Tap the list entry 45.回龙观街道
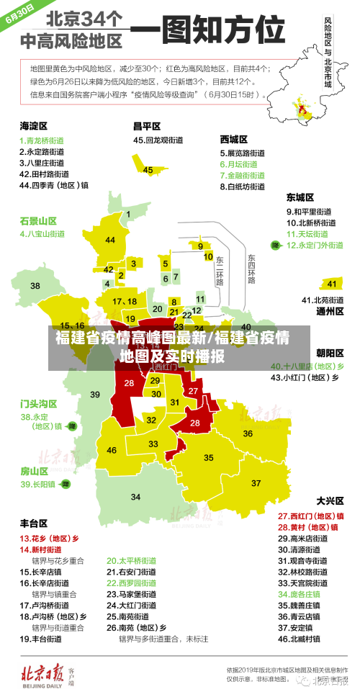click(160, 140)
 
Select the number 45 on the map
click(148, 170)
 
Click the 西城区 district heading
click(234, 139)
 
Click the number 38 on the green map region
click(35, 286)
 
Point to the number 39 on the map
click(95, 394)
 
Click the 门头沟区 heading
click(39, 403)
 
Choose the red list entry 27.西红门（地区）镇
click(310, 516)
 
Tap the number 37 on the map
click(256, 482)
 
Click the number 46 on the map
click(112, 450)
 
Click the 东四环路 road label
click(251, 269)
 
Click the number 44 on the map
click(110, 240)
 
